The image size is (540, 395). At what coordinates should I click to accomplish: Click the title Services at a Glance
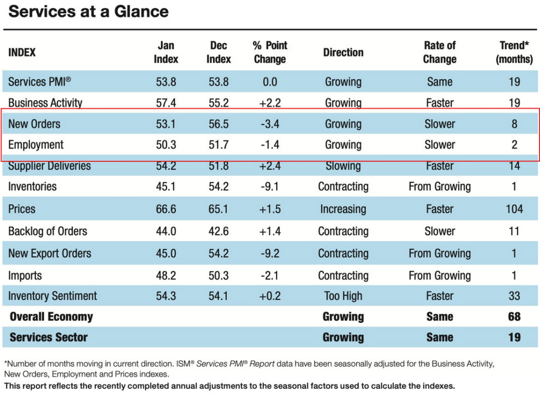pyautogui.click(x=89, y=12)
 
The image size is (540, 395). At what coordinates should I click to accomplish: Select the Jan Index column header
pyautogui.click(x=166, y=52)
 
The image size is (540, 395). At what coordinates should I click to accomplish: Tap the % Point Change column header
pyautogui.click(x=270, y=52)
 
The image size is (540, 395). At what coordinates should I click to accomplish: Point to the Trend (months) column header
pyautogui.click(x=514, y=52)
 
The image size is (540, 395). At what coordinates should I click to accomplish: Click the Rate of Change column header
pyautogui.click(x=440, y=52)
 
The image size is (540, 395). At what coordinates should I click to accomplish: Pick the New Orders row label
pyautogui.click(x=34, y=124)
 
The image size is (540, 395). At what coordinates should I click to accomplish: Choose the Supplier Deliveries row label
pyautogui.click(x=50, y=166)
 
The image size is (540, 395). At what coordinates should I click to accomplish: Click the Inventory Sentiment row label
pyautogui.click(x=53, y=296)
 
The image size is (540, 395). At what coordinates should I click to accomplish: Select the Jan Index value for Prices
pyautogui.click(x=166, y=209)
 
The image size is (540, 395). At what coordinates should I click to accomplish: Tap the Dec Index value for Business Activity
pyautogui.click(x=219, y=103)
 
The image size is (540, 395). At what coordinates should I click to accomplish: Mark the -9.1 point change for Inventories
pyautogui.click(x=270, y=187)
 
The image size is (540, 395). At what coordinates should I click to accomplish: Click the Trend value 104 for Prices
pyautogui.click(x=514, y=209)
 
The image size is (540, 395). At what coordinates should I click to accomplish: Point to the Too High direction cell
pyautogui.click(x=343, y=296)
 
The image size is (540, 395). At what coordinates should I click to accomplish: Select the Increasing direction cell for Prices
pyautogui.click(x=343, y=209)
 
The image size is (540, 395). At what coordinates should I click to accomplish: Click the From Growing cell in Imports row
pyautogui.click(x=440, y=275)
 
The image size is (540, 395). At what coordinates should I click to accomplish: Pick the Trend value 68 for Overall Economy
pyautogui.click(x=514, y=317)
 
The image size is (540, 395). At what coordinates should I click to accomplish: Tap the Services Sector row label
pyautogui.click(x=49, y=338)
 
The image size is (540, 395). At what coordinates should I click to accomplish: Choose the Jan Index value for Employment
pyautogui.click(x=166, y=145)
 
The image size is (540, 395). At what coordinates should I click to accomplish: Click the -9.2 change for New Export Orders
pyautogui.click(x=270, y=254)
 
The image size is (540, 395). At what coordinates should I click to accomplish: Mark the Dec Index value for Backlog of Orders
pyautogui.click(x=219, y=232)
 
